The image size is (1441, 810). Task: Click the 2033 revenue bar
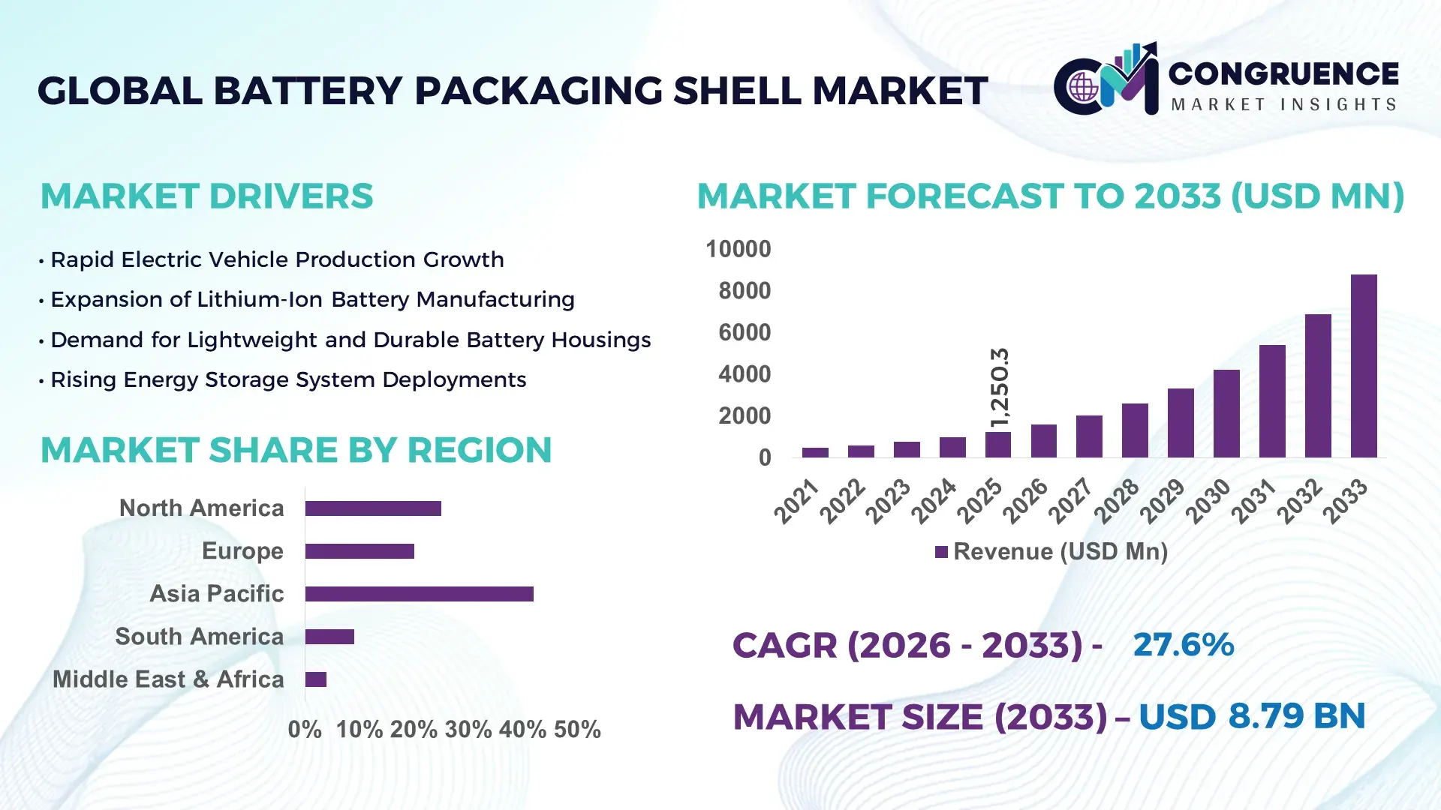(x=1364, y=366)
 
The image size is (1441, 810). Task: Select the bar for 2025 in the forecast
(x=997, y=445)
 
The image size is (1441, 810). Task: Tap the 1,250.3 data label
(x=1000, y=388)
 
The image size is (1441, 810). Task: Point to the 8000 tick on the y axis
(x=744, y=291)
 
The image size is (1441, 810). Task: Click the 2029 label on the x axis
(x=1163, y=501)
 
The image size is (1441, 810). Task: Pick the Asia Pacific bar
(x=419, y=594)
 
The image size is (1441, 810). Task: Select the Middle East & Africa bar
(x=315, y=679)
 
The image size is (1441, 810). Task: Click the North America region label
(x=201, y=508)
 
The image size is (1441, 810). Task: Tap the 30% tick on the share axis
(x=468, y=730)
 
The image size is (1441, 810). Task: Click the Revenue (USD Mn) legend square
(x=941, y=553)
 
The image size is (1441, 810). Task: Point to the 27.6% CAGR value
(x=1183, y=645)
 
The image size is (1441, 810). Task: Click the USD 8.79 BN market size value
(x=1251, y=716)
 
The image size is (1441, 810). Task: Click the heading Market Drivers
(x=206, y=196)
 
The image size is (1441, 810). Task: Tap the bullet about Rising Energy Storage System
(x=287, y=380)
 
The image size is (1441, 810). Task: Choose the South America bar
(x=329, y=637)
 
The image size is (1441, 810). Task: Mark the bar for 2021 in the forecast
(x=815, y=452)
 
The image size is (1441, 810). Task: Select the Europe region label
(x=242, y=551)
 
